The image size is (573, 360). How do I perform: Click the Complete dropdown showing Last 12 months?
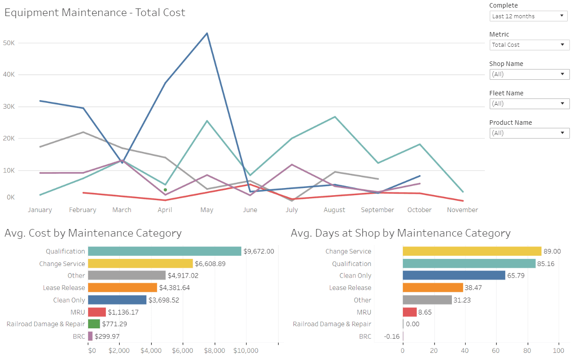(x=529, y=16)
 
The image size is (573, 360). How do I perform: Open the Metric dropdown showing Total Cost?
(x=529, y=45)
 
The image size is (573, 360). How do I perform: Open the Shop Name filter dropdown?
(x=529, y=74)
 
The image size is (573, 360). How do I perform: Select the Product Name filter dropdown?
(x=529, y=133)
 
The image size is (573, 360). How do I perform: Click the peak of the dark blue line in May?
(x=207, y=33)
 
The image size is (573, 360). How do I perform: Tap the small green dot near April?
(x=165, y=190)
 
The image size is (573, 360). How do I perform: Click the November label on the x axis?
(x=462, y=210)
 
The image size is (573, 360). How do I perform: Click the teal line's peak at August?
(x=335, y=117)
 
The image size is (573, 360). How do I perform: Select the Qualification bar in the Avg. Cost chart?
(x=164, y=251)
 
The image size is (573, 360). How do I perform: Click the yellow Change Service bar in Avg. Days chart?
(x=472, y=251)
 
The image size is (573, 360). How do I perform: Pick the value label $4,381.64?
(x=175, y=288)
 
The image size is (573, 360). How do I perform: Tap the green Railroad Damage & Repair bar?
(x=93, y=324)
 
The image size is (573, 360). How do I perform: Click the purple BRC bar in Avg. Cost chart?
(x=90, y=336)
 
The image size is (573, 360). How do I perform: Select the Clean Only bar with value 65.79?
(x=454, y=275)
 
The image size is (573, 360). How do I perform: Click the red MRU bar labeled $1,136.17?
(x=97, y=312)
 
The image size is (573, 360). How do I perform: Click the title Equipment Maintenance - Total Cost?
(x=95, y=12)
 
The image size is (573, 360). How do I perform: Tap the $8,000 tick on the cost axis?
(x=215, y=351)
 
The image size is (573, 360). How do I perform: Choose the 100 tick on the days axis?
(x=558, y=351)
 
